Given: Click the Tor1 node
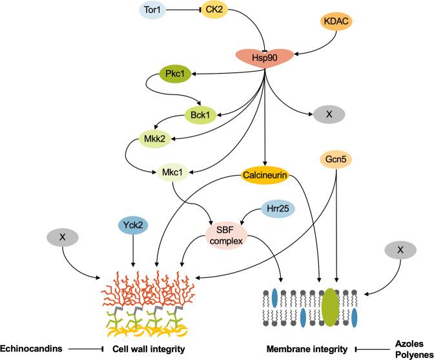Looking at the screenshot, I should [x=156, y=10].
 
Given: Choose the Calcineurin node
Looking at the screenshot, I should [x=263, y=174].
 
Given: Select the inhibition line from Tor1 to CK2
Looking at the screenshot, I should [x=190, y=10].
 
